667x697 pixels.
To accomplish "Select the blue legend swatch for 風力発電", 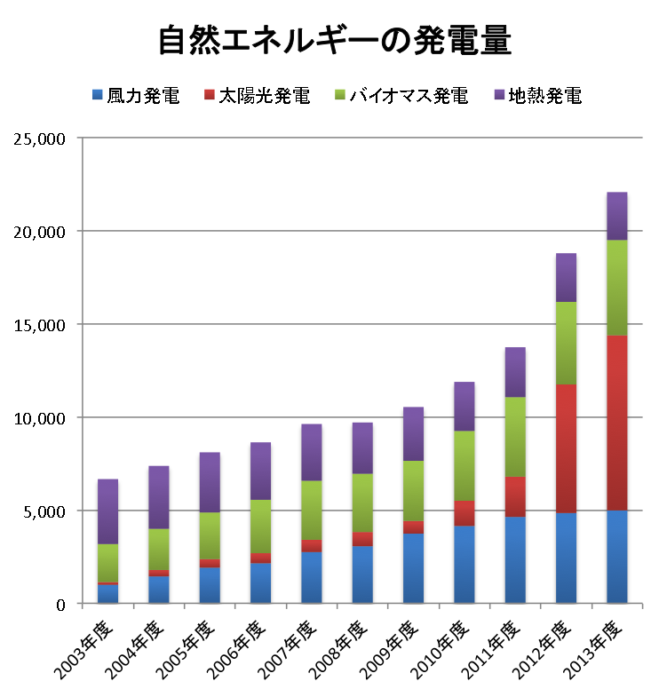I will coord(97,94).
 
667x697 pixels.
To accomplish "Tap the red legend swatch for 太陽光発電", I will coord(210,94).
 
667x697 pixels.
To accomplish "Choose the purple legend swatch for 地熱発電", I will coord(498,94).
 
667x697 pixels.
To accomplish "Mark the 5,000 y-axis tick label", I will coord(44,511).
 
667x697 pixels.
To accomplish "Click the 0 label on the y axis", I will coord(61,605).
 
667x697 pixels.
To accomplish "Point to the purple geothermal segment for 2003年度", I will coord(108,511).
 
